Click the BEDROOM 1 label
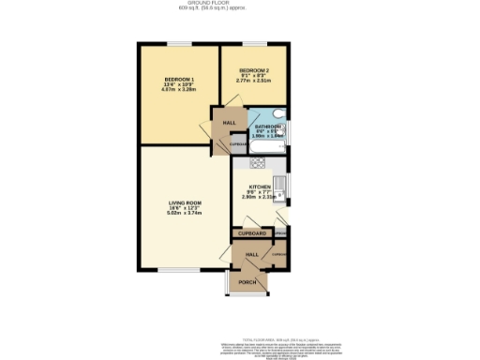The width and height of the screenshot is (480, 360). [178, 80]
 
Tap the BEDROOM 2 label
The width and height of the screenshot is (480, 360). [254, 71]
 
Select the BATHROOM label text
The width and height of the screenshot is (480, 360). [268, 126]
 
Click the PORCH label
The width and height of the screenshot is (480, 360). [247, 282]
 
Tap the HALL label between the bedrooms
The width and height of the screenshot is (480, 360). [229, 123]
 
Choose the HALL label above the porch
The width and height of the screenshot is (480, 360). [251, 254]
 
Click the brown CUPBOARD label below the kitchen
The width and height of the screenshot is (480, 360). [252, 232]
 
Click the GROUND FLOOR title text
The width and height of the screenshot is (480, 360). [240, 4]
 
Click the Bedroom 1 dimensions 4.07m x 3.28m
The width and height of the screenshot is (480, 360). [178, 91]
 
